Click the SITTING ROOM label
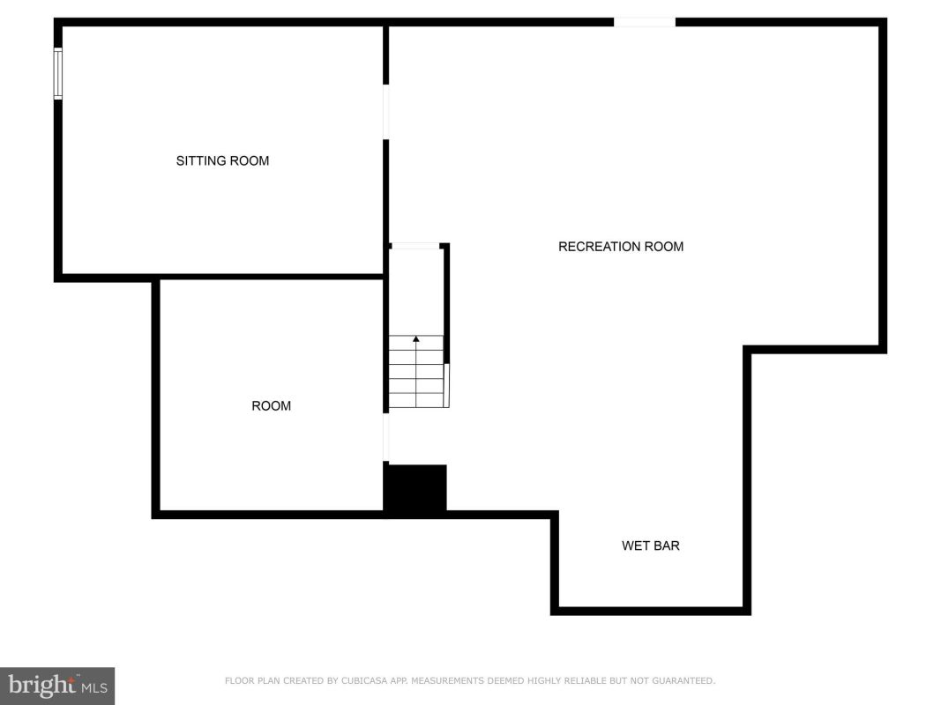point(222,160)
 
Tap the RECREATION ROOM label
point(621,247)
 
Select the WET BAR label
point(651,545)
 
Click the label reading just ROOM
point(272,406)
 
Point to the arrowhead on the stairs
point(416,338)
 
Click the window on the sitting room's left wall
point(58,74)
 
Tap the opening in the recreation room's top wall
point(645,22)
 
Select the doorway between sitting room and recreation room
point(386,112)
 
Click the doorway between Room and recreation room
point(386,438)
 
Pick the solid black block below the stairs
point(415,488)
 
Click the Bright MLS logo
point(57,686)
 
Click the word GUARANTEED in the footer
point(683,680)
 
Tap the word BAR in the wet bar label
point(668,545)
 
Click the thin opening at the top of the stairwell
point(414,246)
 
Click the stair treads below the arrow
point(416,372)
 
